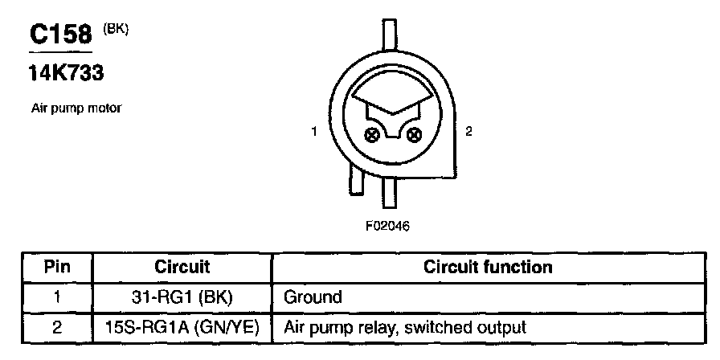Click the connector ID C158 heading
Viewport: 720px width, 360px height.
pos(62,36)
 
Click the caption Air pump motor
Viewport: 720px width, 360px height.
pos(76,108)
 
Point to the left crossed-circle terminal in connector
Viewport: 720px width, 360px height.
pos(371,133)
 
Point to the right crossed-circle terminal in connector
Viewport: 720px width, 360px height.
pos(415,133)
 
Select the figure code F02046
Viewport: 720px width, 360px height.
pos(387,226)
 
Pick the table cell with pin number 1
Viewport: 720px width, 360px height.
pos(56,297)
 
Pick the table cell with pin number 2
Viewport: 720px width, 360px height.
pos(56,327)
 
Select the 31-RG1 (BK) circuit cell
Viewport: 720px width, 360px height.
pos(182,297)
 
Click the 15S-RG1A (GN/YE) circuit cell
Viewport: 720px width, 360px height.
pos(182,327)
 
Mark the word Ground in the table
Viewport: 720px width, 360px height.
pos(312,297)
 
